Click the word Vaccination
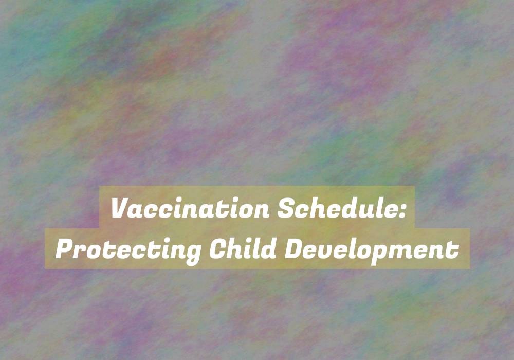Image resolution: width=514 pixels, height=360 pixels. [191, 208]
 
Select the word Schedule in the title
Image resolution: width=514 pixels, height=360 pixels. [337, 208]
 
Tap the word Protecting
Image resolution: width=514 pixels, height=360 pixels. [128, 250]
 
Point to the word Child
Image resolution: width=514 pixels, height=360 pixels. [243, 248]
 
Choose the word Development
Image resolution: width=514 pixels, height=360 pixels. [372, 250]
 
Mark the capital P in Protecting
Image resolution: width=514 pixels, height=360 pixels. [65, 249]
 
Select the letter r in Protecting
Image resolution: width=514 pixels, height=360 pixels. [82, 251]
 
